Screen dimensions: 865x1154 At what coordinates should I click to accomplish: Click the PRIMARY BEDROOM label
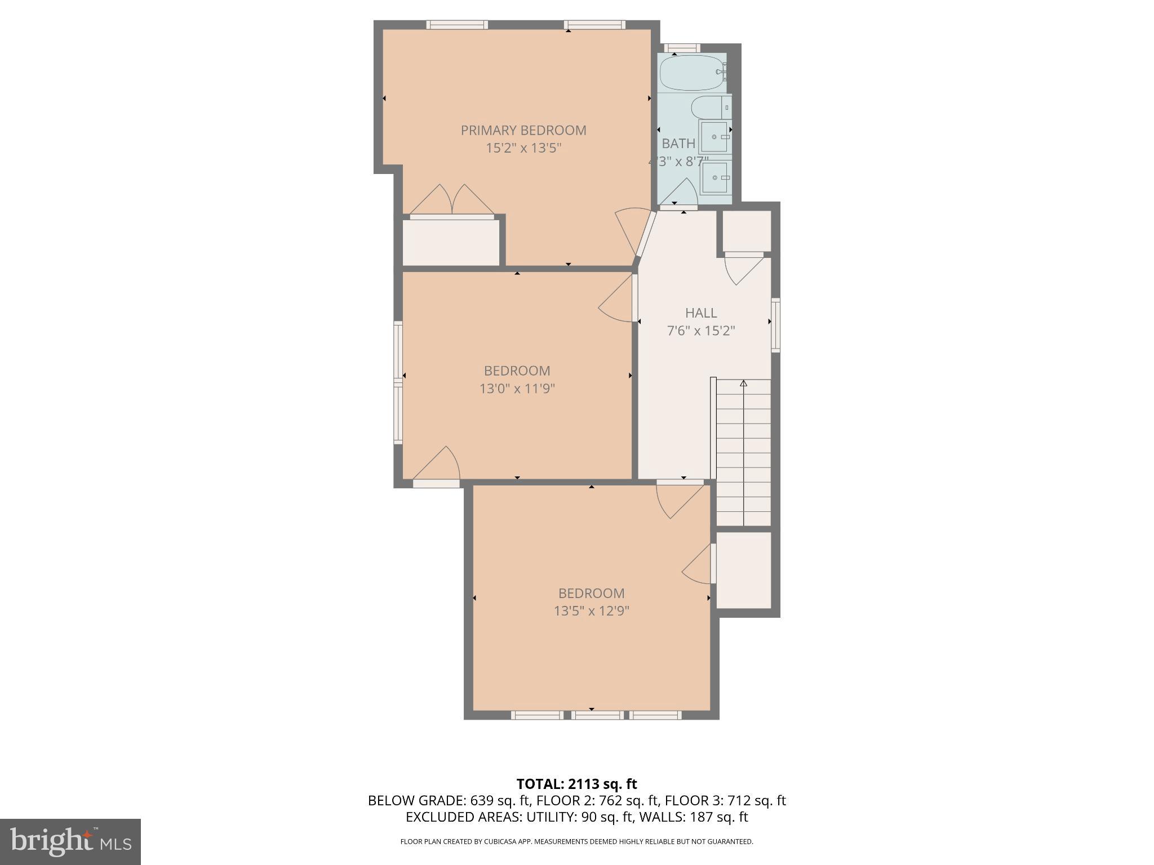point(523,130)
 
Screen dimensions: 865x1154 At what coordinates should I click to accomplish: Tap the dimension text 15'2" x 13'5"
point(523,148)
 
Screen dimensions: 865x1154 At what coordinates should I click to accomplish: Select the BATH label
point(678,144)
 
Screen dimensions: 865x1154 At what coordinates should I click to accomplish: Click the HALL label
point(701,313)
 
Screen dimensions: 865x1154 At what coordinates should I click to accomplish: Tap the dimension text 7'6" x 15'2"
point(701,331)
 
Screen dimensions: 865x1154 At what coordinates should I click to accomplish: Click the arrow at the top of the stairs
point(743,384)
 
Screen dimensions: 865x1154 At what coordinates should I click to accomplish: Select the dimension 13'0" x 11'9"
point(517,389)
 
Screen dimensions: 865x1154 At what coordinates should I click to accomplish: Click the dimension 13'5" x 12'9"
point(591,611)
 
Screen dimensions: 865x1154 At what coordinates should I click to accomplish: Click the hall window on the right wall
point(776,325)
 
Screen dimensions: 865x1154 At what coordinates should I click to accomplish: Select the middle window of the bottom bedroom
point(597,715)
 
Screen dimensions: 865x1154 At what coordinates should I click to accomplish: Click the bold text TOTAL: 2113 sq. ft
point(576,784)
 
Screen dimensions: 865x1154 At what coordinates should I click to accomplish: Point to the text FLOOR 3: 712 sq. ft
point(725,801)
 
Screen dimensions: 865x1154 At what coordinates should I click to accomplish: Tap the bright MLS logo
point(70,841)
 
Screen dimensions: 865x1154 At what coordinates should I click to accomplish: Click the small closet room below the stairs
point(743,570)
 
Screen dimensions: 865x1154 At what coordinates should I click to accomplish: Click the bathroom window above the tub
point(682,48)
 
